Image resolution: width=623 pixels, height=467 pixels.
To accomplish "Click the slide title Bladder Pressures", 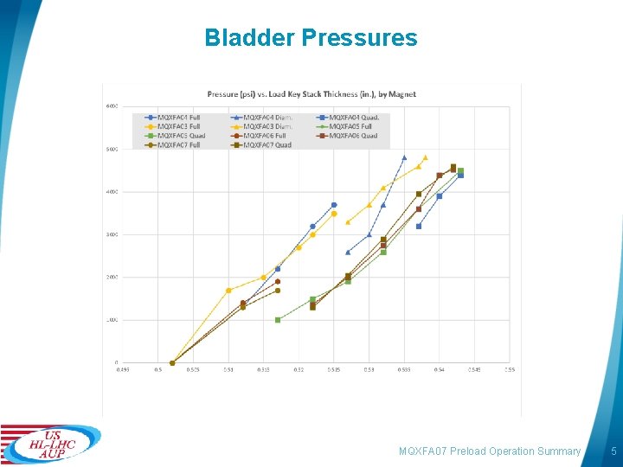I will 311,38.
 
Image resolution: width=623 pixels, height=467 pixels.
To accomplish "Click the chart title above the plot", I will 311,93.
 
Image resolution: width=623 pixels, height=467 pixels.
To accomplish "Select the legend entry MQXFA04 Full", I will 177,117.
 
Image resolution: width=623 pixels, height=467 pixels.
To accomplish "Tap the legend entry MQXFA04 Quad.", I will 350,117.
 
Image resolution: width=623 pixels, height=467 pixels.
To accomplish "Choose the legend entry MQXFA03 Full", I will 177,126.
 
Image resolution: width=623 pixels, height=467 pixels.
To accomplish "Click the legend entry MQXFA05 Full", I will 350,126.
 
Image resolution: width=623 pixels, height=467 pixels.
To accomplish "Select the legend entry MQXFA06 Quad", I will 350,136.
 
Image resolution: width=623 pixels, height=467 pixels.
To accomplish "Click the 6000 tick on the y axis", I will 112,106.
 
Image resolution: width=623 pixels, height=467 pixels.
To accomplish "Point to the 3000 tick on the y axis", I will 112,234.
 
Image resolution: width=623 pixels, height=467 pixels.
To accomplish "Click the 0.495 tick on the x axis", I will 124,370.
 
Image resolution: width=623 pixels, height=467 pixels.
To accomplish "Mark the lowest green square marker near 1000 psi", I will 278,320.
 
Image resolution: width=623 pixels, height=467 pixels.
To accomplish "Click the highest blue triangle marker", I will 404,157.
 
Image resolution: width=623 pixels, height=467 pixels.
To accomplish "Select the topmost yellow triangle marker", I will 425,157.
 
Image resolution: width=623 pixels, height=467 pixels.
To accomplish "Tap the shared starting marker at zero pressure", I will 172,362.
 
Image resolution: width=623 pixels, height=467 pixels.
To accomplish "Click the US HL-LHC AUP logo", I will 50,443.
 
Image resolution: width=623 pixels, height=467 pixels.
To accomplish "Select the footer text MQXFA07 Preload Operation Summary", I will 490,451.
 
